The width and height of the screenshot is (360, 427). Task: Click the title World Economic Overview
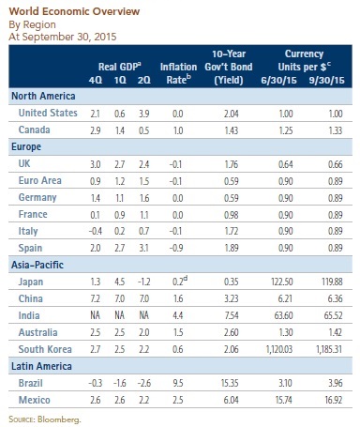coord(74,11)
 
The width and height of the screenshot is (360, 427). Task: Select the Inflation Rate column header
coord(178,73)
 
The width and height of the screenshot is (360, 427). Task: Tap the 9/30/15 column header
coord(326,80)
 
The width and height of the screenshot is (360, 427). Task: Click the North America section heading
coord(43,96)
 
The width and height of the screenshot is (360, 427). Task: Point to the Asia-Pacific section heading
coord(37,265)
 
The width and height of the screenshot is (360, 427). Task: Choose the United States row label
coord(48,113)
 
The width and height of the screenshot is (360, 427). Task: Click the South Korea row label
coord(45,349)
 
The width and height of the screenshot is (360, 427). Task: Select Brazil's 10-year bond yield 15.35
coord(230,383)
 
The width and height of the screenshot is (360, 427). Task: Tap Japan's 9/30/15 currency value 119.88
coord(332,282)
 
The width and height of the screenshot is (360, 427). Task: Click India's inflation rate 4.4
coord(178,315)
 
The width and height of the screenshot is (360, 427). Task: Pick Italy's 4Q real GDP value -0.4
coord(95,231)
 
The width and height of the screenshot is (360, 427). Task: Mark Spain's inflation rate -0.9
coord(176,248)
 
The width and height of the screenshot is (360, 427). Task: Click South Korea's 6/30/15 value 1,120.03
coord(279,349)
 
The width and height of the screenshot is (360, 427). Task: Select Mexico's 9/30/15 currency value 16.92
coord(334,400)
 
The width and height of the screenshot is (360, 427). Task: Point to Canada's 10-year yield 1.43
coord(232,130)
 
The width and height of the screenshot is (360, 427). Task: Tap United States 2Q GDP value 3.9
coord(144,114)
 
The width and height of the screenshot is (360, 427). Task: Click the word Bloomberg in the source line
coord(59,419)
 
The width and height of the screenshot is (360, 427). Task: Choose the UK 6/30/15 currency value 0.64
coord(286,164)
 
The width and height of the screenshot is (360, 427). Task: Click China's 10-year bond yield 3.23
coord(232,298)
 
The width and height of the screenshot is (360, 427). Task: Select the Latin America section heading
coord(41,366)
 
